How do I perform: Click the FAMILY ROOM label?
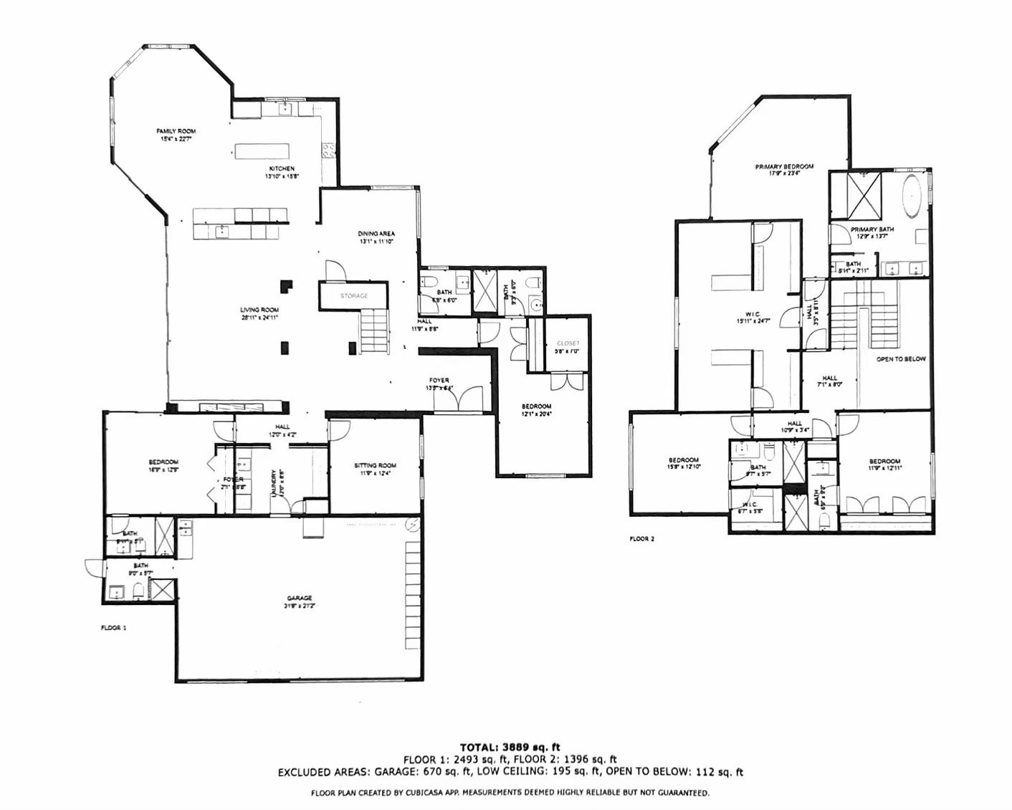176,131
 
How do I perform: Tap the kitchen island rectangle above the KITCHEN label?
263,151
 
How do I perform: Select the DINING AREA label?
376,234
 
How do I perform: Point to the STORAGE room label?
354,295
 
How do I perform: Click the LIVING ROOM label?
259,310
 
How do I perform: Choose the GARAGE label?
300,598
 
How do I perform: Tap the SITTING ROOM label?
375,465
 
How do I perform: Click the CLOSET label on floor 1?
568,343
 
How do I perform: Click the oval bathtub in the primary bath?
911,197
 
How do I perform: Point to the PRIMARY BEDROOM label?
784,166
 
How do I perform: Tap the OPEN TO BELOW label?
901,358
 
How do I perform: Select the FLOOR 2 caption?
642,538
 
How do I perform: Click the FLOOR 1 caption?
113,627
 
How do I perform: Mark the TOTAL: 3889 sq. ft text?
510,748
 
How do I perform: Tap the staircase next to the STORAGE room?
373,328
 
